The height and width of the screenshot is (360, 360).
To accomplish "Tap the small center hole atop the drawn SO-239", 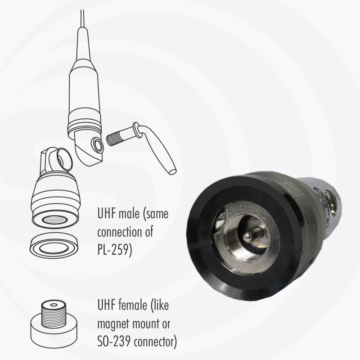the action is click(54, 305).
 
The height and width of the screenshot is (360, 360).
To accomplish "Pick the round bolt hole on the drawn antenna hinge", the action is click(97, 145).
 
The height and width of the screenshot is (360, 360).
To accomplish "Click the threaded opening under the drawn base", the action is click(54, 220).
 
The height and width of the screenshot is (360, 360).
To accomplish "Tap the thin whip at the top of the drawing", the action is click(82, 18).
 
